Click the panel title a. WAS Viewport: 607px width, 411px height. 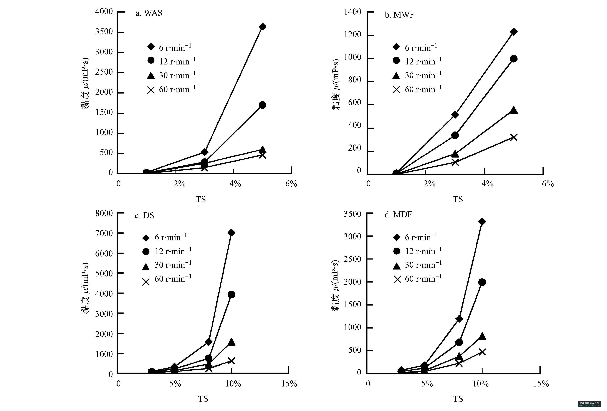coord(149,13)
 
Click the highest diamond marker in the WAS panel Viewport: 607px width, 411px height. coord(263,27)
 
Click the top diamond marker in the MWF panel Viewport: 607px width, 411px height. coord(513,32)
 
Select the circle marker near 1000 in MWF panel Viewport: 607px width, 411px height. coord(513,59)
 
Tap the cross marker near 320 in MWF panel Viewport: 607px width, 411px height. coord(513,137)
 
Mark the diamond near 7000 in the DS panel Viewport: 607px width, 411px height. coord(231,233)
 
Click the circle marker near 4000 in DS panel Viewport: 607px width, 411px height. coord(231,294)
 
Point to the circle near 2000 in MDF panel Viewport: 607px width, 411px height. coord(482,282)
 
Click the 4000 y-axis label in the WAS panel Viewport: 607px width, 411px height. coord(104,12)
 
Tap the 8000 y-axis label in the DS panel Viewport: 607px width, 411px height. coord(104,213)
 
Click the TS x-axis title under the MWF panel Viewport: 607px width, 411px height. coord(458,199)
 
